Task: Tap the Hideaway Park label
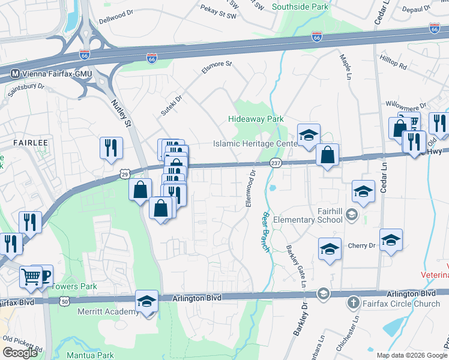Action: click(256, 119)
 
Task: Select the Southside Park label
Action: click(300, 7)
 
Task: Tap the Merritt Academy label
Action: click(108, 311)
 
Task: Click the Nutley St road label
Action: click(121, 113)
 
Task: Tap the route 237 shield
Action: click(276, 163)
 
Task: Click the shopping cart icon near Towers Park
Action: click(31, 277)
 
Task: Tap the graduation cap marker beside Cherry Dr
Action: click(391, 240)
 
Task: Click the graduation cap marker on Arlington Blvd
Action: click(146, 302)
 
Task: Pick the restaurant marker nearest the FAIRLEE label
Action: click(110, 148)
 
